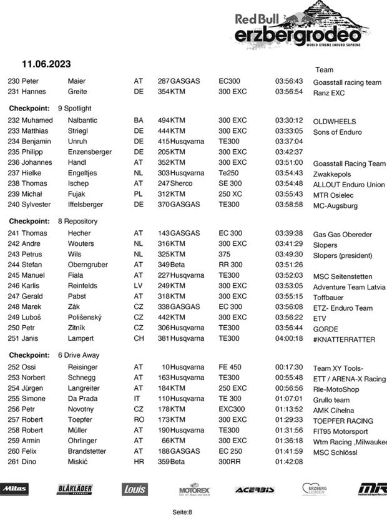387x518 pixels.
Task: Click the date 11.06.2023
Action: tap(46, 64)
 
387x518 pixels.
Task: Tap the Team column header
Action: tap(325, 70)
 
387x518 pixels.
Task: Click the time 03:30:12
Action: tap(289, 120)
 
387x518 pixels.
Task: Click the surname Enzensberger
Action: tap(90, 152)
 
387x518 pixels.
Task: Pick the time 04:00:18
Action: tap(289, 338)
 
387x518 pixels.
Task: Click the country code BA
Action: tap(139, 120)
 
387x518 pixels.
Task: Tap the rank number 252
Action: tap(14, 368)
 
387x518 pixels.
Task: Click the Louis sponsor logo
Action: tap(134, 489)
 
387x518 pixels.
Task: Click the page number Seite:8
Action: tap(182, 512)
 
